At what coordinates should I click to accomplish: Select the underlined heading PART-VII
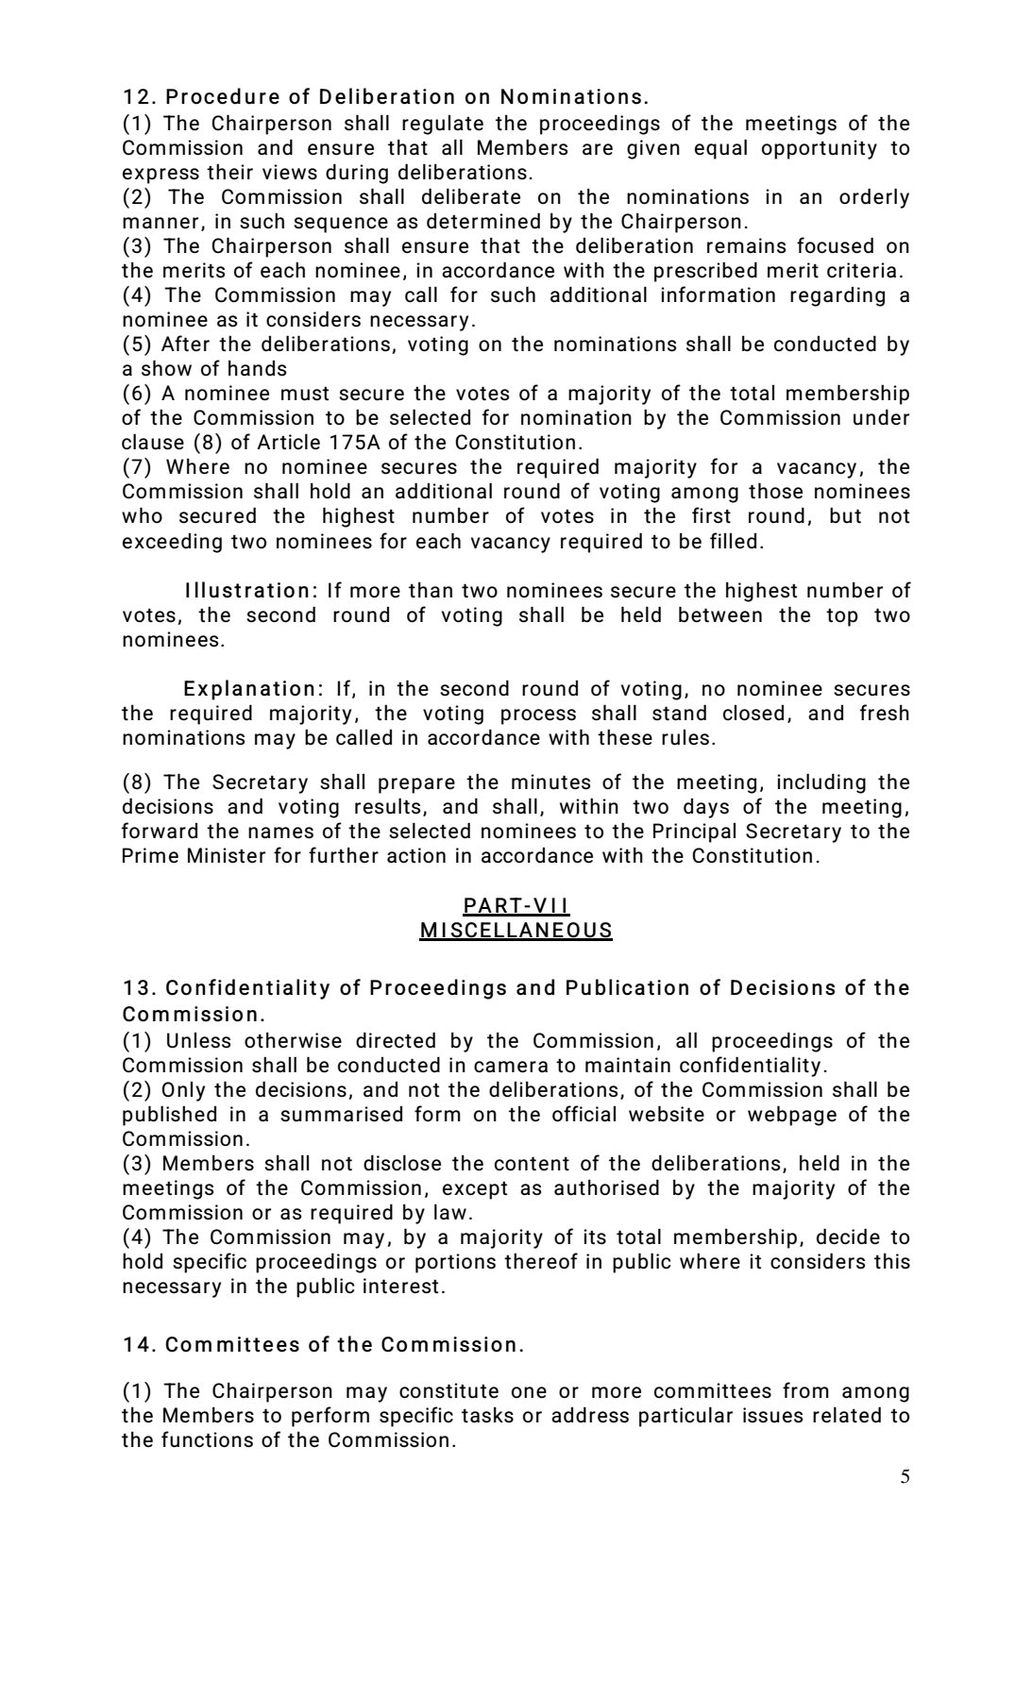tap(516, 906)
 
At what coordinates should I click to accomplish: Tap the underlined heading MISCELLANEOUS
tap(516, 931)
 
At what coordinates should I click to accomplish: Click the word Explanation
tap(249, 689)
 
